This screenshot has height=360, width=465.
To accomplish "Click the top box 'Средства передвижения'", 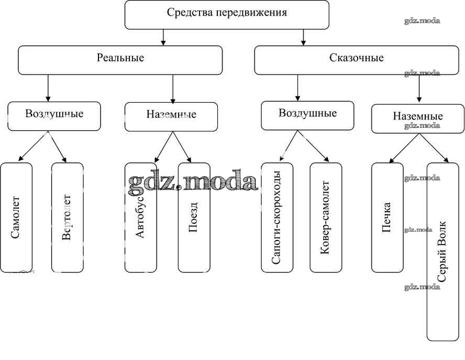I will (x=227, y=14).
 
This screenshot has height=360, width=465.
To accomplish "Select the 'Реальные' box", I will (x=120, y=60).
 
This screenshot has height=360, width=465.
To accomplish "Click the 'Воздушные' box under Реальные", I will (x=54, y=116).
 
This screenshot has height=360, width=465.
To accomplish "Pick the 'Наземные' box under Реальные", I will (x=171, y=116).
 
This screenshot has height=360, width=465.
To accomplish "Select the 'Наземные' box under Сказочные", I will (x=417, y=118).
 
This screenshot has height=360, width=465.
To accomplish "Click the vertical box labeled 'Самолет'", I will (x=16, y=217).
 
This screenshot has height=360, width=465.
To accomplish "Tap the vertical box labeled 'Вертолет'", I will (x=67, y=217).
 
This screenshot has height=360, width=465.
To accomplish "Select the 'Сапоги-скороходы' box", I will (x=277, y=217).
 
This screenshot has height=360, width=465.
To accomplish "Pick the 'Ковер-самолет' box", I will (x=326, y=217).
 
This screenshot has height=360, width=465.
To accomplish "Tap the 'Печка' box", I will (x=387, y=217).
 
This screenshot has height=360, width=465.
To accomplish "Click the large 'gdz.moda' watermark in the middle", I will (x=193, y=181).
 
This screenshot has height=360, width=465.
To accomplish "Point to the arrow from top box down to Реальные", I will (x=163, y=37).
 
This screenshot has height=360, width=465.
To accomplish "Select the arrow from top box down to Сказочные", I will (x=303, y=37).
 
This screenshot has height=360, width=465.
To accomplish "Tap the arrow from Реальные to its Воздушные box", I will (x=48, y=88).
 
